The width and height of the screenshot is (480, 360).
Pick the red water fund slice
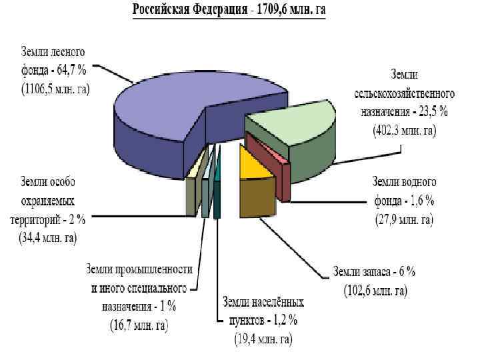[x=267, y=148]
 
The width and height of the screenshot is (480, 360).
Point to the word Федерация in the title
[x=222, y=11]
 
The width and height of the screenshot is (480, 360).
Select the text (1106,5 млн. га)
[x=55, y=87]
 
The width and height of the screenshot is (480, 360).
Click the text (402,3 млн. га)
[x=403, y=131]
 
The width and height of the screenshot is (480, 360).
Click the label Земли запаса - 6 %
[x=374, y=272]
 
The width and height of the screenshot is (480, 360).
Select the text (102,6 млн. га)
[x=375, y=291]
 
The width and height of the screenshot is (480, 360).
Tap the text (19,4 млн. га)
[x=263, y=339]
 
